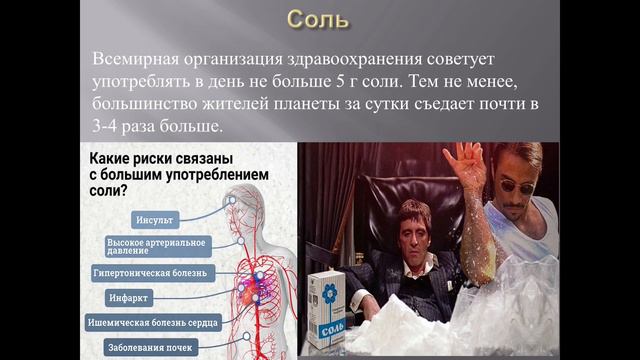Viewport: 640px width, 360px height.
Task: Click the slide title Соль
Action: click(319, 20)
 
